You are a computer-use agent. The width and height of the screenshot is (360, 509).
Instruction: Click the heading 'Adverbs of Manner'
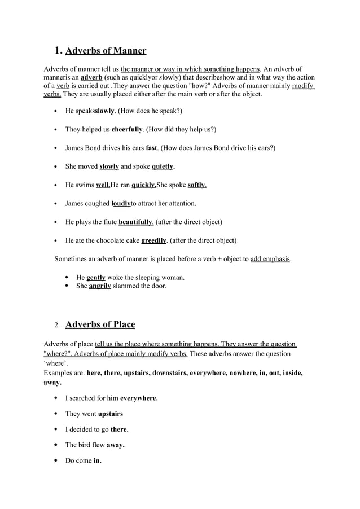[x=106, y=51]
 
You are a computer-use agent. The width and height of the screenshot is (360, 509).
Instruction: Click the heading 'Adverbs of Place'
[x=100, y=324]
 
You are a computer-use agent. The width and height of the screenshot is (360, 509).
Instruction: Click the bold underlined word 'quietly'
[x=163, y=166]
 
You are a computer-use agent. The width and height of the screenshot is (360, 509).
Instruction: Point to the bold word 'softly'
[x=196, y=185]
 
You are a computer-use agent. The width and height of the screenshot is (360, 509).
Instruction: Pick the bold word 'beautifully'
[x=135, y=222]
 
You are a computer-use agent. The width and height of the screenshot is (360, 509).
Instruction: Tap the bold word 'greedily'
[x=153, y=240]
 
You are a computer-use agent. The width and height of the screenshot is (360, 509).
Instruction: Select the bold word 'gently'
[x=96, y=278]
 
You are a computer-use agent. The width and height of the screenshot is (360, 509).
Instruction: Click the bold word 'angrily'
[x=100, y=286]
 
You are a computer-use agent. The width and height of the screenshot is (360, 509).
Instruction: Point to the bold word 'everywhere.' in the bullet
[x=139, y=398]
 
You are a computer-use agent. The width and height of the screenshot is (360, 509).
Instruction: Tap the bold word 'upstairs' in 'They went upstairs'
[x=111, y=414]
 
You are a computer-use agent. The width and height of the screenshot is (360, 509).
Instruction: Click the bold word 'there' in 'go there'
[x=118, y=429]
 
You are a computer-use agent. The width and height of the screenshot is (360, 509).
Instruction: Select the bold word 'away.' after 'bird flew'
[x=116, y=445]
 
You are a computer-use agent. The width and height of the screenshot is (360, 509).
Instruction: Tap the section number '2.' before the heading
[x=57, y=326]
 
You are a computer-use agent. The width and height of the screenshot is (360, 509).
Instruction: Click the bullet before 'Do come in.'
[x=56, y=460]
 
